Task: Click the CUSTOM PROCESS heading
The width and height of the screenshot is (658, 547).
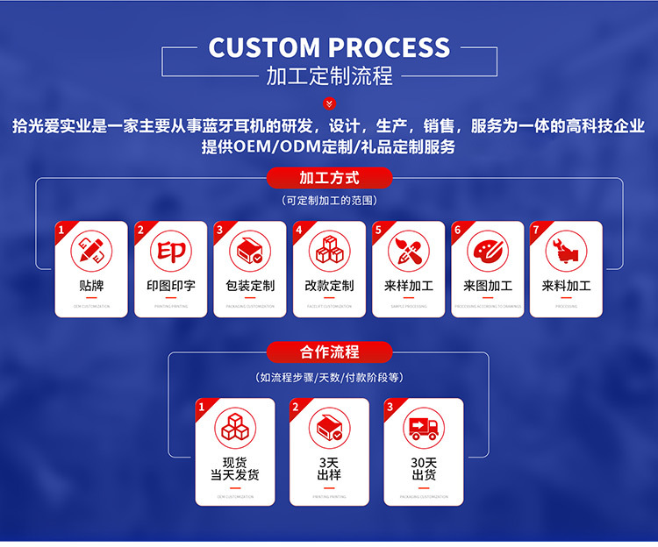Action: click(329, 47)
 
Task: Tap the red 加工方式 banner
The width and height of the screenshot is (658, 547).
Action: click(329, 178)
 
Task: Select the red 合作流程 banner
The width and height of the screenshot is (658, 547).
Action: click(329, 352)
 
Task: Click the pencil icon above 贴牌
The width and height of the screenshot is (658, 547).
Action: click(91, 251)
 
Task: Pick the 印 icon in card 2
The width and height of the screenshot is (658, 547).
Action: click(171, 251)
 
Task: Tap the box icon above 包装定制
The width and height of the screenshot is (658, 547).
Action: click(250, 251)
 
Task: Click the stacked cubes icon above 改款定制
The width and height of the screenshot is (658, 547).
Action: click(329, 251)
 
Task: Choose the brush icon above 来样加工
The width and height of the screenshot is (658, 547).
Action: click(408, 251)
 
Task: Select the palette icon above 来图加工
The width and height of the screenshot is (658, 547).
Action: click(487, 251)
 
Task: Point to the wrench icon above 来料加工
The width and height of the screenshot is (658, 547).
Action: click(566, 251)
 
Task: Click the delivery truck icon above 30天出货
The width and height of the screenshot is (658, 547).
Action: click(424, 428)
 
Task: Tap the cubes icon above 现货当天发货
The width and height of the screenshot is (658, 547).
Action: click(234, 428)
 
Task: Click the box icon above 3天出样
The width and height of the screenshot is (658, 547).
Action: click(329, 428)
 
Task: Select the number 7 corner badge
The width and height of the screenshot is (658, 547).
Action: click(536, 230)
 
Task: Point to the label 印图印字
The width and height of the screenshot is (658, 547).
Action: click(171, 286)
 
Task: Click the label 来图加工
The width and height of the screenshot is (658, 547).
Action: click(487, 286)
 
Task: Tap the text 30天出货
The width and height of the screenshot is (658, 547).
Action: click(424, 469)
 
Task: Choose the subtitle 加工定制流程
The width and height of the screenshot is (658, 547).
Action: click(329, 76)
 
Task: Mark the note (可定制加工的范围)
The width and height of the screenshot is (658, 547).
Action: click(329, 201)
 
